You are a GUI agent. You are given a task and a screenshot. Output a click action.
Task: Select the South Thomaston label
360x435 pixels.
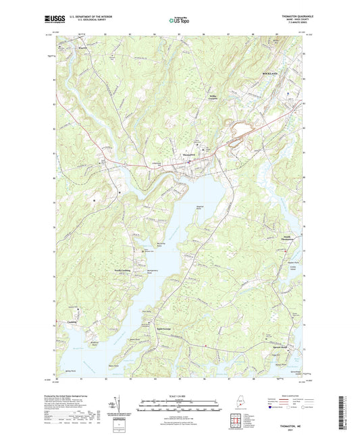pyautogui.click(x=290, y=240)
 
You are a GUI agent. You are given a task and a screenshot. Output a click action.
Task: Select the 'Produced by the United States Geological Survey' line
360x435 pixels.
pyautogui.click(x=74, y=396)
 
